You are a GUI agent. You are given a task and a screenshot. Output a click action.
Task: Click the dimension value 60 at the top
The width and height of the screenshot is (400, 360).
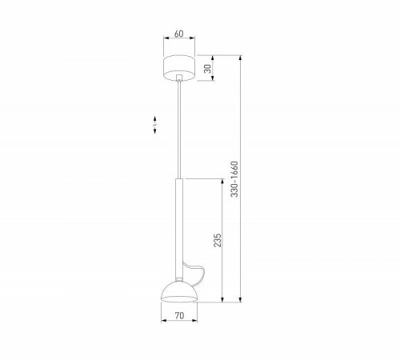tap(179, 34)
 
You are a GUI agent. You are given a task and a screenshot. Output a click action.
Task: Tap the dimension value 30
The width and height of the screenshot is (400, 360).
tap(207, 68)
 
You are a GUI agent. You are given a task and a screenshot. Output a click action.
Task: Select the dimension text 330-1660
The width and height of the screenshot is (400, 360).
tap(234, 179)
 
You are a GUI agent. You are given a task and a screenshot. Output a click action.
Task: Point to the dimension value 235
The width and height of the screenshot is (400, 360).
tap(218, 240)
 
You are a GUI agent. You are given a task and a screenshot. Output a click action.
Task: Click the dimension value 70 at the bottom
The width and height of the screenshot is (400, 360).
tap(179, 315)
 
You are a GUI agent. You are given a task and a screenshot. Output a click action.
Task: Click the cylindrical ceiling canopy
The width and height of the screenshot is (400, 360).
tap(179, 68)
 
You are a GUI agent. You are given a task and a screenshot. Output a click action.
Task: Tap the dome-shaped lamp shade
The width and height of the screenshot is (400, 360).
tap(179, 291)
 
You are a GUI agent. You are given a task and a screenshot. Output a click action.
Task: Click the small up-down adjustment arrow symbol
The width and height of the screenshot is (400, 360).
tap(154, 125)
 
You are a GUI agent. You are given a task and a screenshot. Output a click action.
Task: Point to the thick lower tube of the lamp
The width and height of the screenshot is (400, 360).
tap(179, 229)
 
